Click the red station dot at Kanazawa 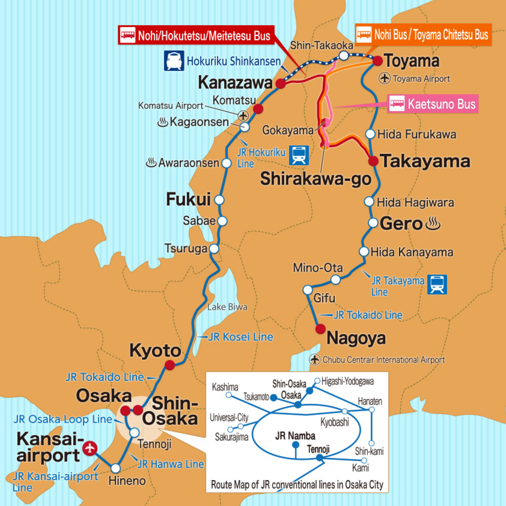pyautogui.click(x=281, y=84)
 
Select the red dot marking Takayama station pyautogui.click(x=373, y=161)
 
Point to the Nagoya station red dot pyautogui.click(x=320, y=329)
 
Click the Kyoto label pyautogui.click(x=155, y=350)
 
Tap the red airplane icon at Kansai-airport pyautogui.click(x=91, y=447)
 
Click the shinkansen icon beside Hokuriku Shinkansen pyautogui.click(x=174, y=61)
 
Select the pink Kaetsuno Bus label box pyautogui.click(x=433, y=104)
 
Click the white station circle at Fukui pyautogui.click(x=219, y=200)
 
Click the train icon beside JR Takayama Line pyautogui.click(x=436, y=284)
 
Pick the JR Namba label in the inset pyautogui.click(x=295, y=435)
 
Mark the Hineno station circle pyautogui.click(x=116, y=468)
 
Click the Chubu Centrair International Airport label pyautogui.click(x=383, y=360)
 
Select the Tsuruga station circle pyautogui.click(x=214, y=248)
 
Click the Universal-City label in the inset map pyautogui.click(x=229, y=418)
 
